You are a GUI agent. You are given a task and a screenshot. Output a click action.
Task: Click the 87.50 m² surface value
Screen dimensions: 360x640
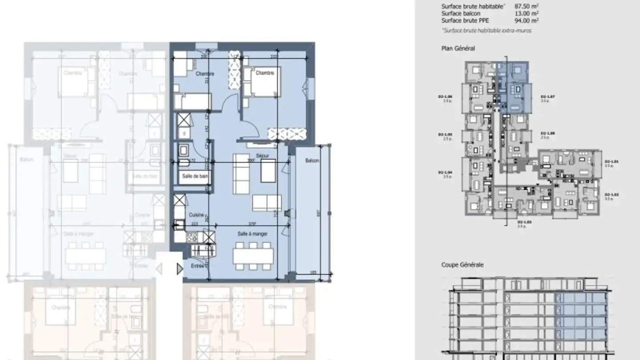point(527,6)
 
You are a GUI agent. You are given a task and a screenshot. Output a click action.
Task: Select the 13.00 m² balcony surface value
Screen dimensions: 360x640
point(527,13)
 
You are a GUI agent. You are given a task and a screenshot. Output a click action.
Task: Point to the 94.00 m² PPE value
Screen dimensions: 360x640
point(527,20)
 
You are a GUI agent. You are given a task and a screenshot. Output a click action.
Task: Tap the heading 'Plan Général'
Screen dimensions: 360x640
point(458,48)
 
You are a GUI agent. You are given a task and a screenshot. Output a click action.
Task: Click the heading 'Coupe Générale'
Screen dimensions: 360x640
point(462,265)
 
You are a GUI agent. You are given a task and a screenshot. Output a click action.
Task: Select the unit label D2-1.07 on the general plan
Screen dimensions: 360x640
point(547,96)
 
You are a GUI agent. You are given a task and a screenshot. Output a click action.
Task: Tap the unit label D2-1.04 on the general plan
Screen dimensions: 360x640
point(445,172)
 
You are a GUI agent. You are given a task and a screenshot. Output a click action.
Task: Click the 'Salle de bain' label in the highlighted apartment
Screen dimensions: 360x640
point(195,176)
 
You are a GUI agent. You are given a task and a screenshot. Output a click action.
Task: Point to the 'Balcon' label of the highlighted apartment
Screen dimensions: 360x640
point(312,160)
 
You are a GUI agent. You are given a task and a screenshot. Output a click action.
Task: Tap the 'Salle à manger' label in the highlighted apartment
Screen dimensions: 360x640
point(252,234)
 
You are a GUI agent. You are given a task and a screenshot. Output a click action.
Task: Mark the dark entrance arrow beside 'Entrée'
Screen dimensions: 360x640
point(180,269)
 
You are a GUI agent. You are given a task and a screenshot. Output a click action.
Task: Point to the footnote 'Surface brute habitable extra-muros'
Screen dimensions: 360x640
point(487,31)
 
